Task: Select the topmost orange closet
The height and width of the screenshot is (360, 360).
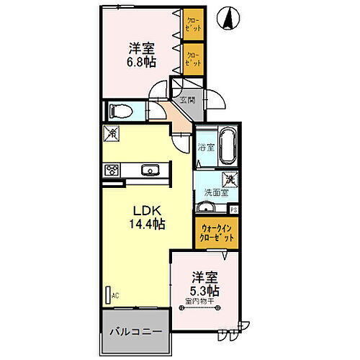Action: [x=193, y=24]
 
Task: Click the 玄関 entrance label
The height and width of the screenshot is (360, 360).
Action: [x=187, y=99]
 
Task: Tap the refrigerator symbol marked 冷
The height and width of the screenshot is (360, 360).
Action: [x=111, y=134]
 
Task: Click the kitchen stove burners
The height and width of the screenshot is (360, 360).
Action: [x=112, y=171]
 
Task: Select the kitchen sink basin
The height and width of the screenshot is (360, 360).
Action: [x=151, y=171]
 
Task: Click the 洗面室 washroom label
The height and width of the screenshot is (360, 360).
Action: [x=215, y=193]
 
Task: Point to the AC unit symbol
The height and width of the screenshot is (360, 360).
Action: [x=109, y=295]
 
